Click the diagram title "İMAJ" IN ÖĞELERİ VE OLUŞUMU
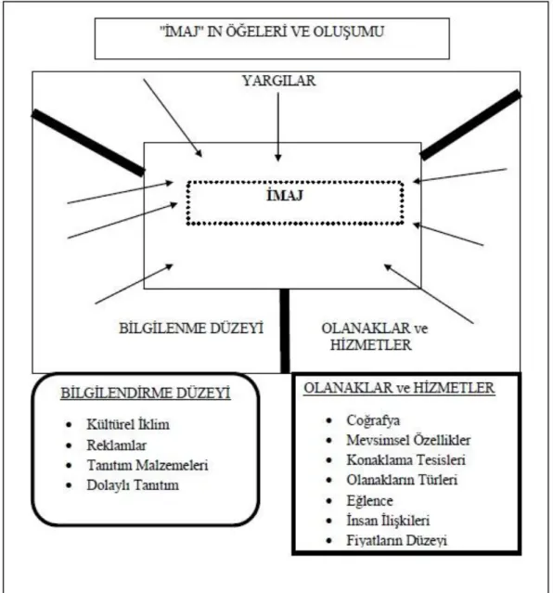pos(272,32)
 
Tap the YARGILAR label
pos(278,81)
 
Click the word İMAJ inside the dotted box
pos(285,196)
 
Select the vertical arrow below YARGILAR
pos(278,127)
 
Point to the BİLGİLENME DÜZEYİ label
pos(191,329)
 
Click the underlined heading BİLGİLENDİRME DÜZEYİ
pos(146,393)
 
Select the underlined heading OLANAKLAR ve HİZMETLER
pos(399,388)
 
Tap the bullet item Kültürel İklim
pos(128,424)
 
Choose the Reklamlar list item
pos(117,445)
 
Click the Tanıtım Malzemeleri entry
pos(148,465)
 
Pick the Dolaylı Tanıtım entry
pos(133,485)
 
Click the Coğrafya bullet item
pos(373,420)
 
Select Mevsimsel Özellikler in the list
pos(408,440)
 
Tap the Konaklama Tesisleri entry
pos(405,460)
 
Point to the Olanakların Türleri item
pos(402,480)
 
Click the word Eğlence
pos(369,501)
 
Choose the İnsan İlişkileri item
pos(388,521)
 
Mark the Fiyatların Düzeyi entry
pos(397,540)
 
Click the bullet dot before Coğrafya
pos(329,420)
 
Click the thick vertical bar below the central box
pos(285,331)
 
